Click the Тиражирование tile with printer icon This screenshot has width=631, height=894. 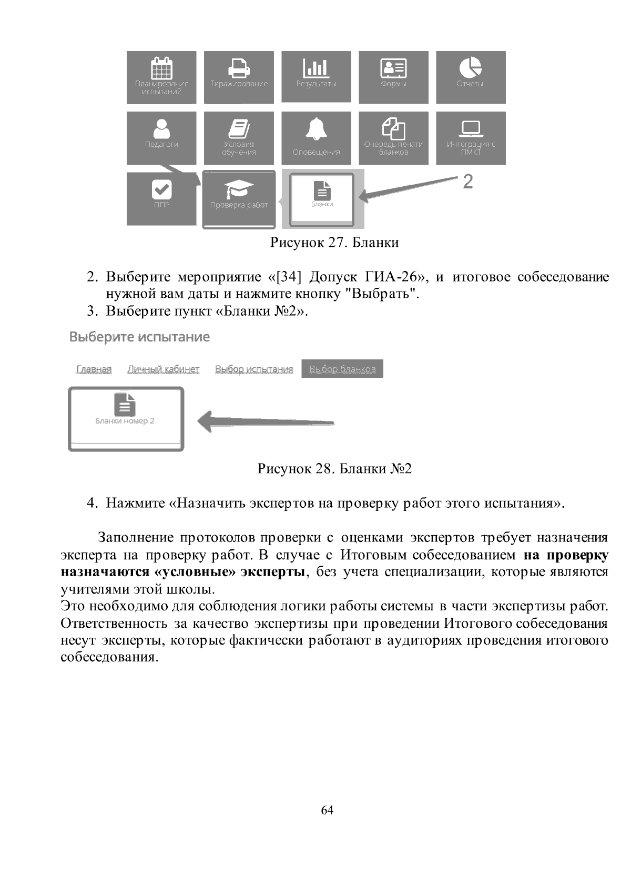(239, 77)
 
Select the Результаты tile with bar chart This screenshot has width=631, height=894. (316, 77)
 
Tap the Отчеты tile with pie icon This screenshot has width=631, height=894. (471, 77)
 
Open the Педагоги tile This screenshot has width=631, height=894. (161, 138)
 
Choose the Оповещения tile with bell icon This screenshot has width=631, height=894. (316, 138)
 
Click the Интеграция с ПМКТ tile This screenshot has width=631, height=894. (471, 138)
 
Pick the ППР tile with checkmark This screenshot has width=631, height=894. (161, 198)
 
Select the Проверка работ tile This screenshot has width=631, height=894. (239, 199)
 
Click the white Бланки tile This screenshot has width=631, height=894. (322, 198)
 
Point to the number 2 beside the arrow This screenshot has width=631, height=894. (467, 182)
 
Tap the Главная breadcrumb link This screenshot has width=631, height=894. (94, 369)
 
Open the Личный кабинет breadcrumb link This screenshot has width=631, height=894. (163, 369)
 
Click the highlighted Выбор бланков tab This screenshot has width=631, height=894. (342, 369)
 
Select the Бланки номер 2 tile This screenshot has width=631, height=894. (126, 419)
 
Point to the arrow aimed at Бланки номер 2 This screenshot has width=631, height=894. (266, 421)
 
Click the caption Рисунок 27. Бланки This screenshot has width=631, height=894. (334, 243)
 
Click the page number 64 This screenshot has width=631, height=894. (327, 810)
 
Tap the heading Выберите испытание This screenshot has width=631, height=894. (139, 337)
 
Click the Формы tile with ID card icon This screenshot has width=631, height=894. (393, 77)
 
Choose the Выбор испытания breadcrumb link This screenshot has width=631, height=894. (254, 369)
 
